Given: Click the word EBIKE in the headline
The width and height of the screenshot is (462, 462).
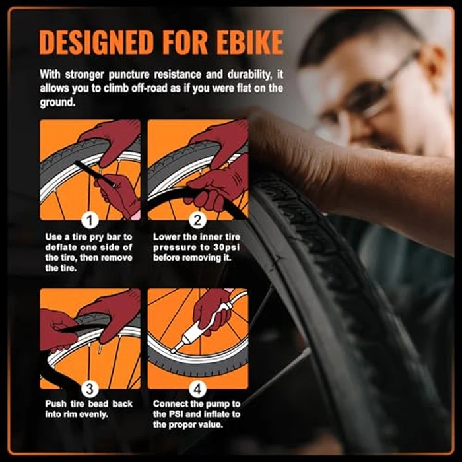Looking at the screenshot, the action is (x=250, y=42).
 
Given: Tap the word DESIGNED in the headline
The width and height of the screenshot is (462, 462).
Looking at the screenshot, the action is (x=97, y=42).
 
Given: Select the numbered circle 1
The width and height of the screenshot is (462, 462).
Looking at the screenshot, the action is (x=90, y=220).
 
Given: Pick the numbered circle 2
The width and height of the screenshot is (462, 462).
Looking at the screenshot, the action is (x=197, y=220).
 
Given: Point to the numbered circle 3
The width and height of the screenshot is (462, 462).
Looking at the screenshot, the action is (x=90, y=389).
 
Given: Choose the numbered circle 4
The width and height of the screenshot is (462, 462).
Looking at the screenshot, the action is (x=197, y=389).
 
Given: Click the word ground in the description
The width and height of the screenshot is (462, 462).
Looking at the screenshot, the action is (x=57, y=102).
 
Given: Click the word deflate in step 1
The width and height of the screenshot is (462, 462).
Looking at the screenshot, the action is (x=60, y=247).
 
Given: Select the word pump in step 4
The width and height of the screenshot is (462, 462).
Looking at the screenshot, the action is (x=216, y=404).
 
